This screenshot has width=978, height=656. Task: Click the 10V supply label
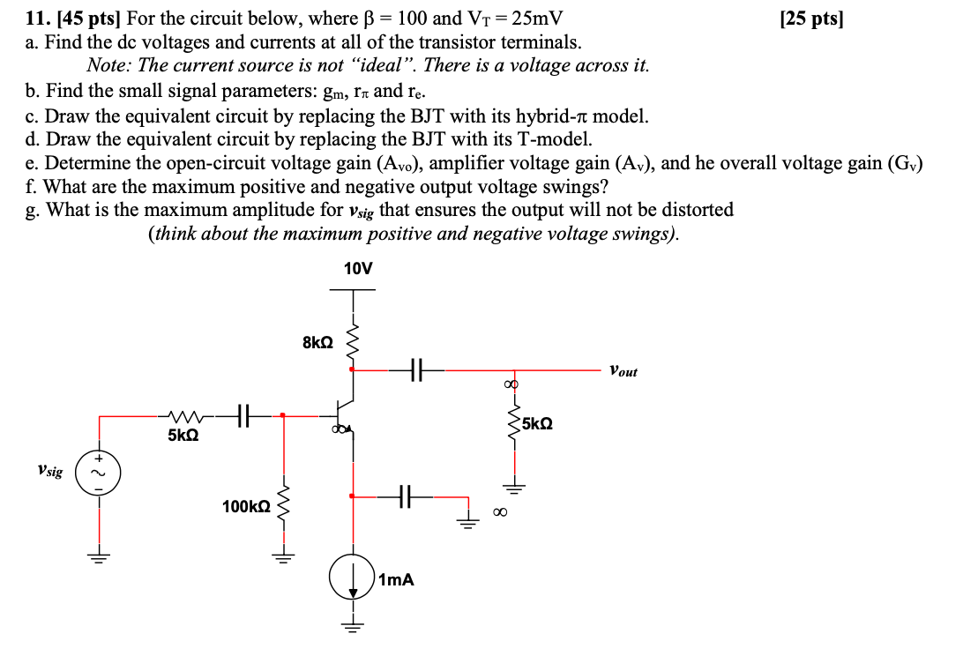pyautogui.click(x=357, y=269)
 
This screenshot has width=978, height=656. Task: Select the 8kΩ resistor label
pyautogui.click(x=317, y=343)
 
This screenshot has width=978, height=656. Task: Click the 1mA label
pyautogui.click(x=395, y=580)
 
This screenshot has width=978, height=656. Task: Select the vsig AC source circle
pyautogui.click(x=99, y=472)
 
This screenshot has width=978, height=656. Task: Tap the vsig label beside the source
pyautogui.click(x=50, y=472)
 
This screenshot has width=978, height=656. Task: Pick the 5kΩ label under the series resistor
pyautogui.click(x=183, y=436)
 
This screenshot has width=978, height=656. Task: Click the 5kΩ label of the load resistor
pyautogui.click(x=537, y=424)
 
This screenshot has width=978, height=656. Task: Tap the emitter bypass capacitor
pyautogui.click(x=406, y=496)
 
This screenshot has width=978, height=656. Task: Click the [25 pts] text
pyautogui.click(x=812, y=19)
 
